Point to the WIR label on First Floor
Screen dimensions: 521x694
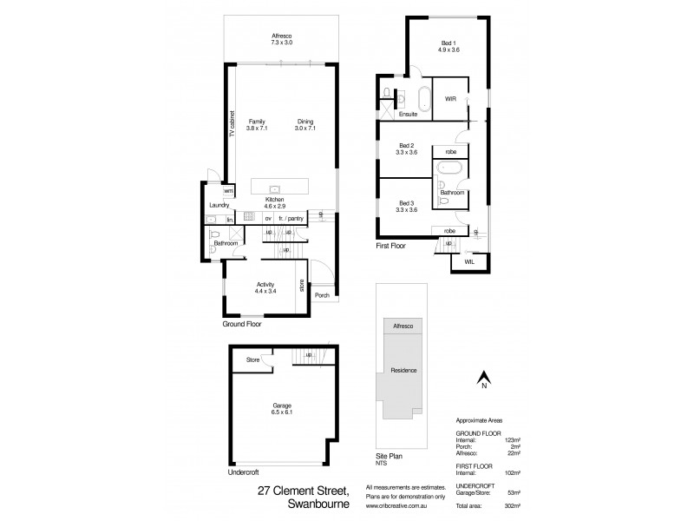point(450,99)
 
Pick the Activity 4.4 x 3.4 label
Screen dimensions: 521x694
point(265,288)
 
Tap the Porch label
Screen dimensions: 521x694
point(322,294)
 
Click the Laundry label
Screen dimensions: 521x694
point(218,206)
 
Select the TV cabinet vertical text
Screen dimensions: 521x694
point(232,126)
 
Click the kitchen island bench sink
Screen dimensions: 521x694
point(274,187)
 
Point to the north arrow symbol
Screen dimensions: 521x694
point(485,378)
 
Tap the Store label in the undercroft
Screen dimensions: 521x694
point(252,359)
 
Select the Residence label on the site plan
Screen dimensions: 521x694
point(403,370)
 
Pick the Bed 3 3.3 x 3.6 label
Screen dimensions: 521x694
point(408,205)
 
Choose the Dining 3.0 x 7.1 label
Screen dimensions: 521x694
point(305,125)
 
